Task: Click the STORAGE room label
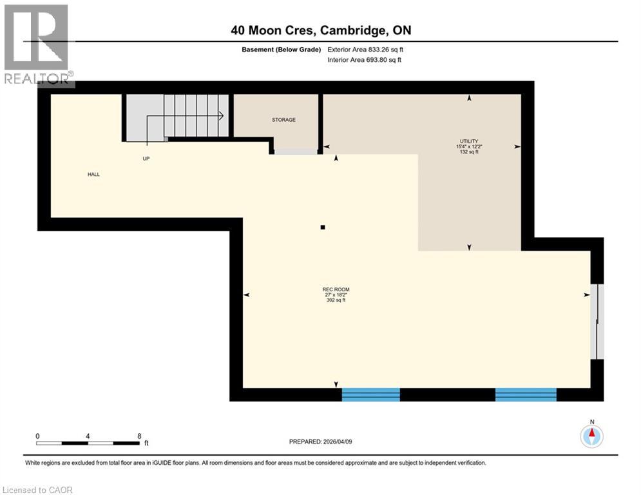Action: (x=283, y=120)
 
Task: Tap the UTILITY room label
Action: (x=468, y=141)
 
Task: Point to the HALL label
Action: (x=94, y=174)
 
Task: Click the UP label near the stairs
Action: (x=146, y=159)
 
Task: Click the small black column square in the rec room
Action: (x=323, y=227)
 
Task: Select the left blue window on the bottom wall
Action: (x=370, y=394)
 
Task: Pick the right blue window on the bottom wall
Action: (x=525, y=394)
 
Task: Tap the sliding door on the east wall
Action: (x=598, y=321)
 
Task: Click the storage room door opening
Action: (x=296, y=151)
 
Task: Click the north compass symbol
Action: (x=591, y=436)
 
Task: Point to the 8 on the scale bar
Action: (x=139, y=436)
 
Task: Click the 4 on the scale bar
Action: (x=88, y=436)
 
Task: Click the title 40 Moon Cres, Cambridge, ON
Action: (x=321, y=30)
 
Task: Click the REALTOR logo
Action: (x=37, y=45)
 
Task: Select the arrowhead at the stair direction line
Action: (x=221, y=116)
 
